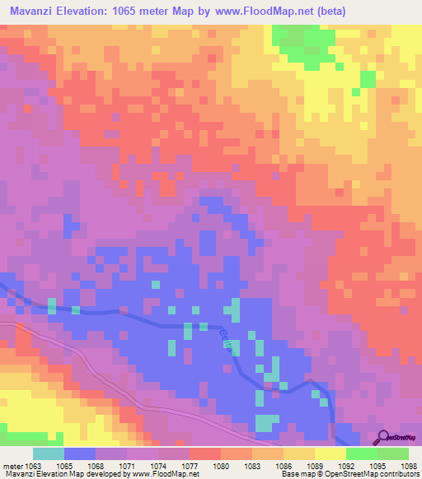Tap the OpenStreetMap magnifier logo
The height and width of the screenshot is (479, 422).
[385, 438]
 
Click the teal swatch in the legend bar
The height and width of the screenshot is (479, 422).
[49, 453]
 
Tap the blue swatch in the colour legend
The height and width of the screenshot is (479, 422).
[80, 453]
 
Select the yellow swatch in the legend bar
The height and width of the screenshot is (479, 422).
[330, 453]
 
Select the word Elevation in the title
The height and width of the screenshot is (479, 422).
[94, 11]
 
